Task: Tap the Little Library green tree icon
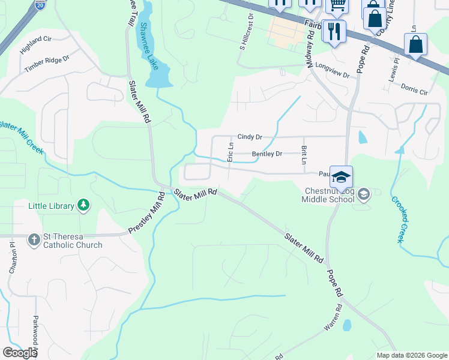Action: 84,206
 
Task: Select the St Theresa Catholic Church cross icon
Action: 34,240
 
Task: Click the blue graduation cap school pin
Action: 341,177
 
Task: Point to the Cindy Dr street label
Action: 250,137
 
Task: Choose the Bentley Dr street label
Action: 267,154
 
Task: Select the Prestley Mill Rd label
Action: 146,214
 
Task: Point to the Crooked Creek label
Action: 399,219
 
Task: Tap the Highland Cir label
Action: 37,44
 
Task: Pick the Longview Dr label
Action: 332,70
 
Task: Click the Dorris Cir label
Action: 414,89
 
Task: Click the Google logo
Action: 19,353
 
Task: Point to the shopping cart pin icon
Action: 337,5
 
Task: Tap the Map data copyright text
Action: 411,355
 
